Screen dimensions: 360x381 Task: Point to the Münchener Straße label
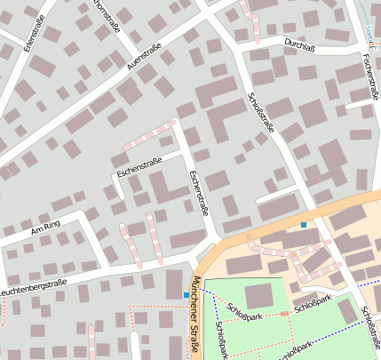[194, 316]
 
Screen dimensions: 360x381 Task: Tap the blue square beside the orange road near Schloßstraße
[304, 225]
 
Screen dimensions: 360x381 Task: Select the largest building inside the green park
[258, 295]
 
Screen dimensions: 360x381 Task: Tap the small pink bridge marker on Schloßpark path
[284, 313]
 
